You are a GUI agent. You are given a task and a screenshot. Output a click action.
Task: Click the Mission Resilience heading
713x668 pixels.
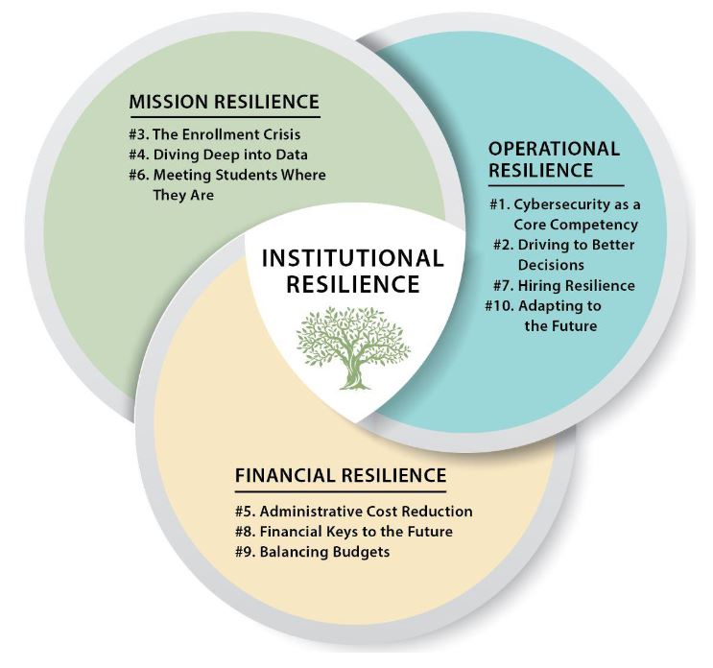[225, 102]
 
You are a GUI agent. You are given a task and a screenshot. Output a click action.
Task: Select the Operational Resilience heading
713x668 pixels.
[554, 159]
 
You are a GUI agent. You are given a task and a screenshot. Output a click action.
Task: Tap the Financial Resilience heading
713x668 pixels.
[341, 475]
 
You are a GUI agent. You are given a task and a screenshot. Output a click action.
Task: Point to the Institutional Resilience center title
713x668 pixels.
[353, 271]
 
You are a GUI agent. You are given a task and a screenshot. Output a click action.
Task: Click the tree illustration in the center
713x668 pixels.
[353, 347]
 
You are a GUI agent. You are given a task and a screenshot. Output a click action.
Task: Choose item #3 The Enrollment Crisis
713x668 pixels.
[215, 134]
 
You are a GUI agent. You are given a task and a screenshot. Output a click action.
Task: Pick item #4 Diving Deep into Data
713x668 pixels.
[218, 155]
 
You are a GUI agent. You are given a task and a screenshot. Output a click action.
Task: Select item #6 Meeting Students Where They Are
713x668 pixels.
[227, 184]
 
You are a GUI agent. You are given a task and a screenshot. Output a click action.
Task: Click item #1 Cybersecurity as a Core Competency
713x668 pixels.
[565, 214]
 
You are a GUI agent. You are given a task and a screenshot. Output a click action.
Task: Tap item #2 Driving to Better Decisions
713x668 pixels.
[564, 254]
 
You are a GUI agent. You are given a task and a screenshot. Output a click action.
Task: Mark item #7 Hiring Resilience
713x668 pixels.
[564, 286]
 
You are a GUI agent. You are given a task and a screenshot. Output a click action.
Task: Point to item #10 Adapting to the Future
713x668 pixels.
[543, 316]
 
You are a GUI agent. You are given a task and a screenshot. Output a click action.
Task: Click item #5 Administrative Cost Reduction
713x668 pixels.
[354, 512]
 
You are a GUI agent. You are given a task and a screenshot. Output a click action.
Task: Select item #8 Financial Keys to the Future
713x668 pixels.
[344, 531]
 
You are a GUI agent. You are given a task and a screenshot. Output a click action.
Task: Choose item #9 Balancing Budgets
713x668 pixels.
[313, 552]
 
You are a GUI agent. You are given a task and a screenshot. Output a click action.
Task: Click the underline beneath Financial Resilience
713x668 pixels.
[341, 491]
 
